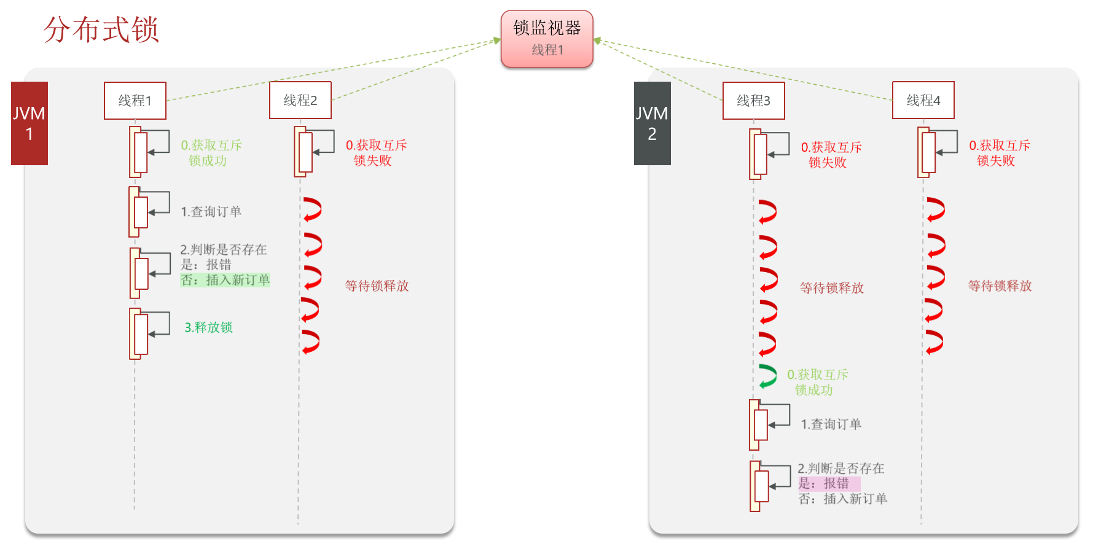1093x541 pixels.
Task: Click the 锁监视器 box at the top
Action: click(547, 38)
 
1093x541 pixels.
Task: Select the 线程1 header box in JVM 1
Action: click(135, 101)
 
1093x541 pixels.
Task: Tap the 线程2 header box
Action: click(300, 100)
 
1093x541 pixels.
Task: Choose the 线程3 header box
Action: click(753, 101)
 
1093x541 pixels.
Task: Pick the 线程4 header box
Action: click(923, 100)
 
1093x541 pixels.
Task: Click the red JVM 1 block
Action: click(29, 123)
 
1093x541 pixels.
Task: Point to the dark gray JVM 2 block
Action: click(652, 123)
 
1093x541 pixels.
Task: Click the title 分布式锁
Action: click(101, 29)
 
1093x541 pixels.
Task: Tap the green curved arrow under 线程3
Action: click(767, 376)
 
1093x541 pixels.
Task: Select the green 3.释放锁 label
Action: click(208, 327)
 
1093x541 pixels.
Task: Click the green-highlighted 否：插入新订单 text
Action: click(225, 280)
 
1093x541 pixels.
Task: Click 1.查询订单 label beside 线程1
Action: click(211, 212)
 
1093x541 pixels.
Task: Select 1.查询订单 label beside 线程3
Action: click(831, 424)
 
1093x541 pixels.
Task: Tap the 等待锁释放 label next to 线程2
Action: click(377, 286)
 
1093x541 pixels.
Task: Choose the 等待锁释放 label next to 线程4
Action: click(1000, 286)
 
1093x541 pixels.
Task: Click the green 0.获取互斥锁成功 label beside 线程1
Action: click(211, 153)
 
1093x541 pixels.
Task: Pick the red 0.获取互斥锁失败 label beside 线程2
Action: click(376, 153)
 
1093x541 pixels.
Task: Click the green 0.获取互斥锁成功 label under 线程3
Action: click(817, 382)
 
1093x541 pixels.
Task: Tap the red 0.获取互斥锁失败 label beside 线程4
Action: click(999, 153)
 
